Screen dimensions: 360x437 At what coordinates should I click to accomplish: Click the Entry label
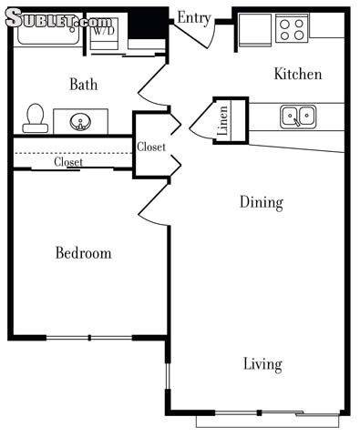point(194,18)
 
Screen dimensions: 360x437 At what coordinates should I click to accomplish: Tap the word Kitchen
point(298,74)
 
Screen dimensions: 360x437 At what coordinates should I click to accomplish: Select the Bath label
point(84,84)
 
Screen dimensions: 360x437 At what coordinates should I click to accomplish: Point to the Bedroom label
point(84,253)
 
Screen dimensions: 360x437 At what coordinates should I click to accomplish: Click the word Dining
point(262,203)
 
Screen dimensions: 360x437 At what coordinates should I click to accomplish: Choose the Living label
point(262,364)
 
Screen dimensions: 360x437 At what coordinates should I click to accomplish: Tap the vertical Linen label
point(223,120)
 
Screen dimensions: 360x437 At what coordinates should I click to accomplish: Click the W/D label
point(104,31)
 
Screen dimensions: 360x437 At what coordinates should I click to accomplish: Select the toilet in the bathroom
point(36,118)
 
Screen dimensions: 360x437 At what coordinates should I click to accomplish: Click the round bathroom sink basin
point(80,122)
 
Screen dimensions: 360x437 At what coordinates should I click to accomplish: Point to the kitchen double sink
point(298,117)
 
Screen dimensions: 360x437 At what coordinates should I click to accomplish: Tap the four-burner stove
point(292,28)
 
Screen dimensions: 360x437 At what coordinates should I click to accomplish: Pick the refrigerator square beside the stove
point(255,30)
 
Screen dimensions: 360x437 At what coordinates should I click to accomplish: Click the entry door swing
point(194,35)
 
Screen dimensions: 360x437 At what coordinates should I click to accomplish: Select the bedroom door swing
point(153,204)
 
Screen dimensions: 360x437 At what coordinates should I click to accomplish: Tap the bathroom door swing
point(153,85)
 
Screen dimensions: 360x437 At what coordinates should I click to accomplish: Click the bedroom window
point(89,338)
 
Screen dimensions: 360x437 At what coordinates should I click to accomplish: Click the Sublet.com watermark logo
point(58,18)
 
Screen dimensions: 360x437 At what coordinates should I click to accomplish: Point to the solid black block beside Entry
point(148,24)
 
